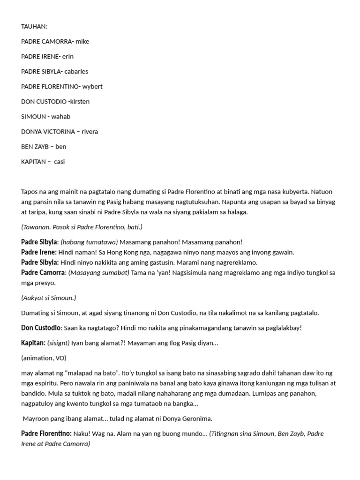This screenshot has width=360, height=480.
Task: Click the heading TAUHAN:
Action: pos(34,26)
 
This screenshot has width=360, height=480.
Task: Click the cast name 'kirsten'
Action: pos(80,101)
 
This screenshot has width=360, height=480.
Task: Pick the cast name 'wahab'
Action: pos(61,116)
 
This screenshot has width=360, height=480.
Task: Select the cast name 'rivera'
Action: pos(90,131)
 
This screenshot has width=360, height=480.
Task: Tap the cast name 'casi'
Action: pos(60,161)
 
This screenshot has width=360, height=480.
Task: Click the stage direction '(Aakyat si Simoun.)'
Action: pos(49,298)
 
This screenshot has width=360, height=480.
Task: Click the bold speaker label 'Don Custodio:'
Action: pos(41,328)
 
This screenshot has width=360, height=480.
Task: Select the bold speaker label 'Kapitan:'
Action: pos(33,343)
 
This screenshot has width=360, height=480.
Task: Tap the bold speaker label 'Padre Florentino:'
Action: pos(46,434)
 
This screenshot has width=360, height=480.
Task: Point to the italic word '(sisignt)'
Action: pos(58,343)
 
